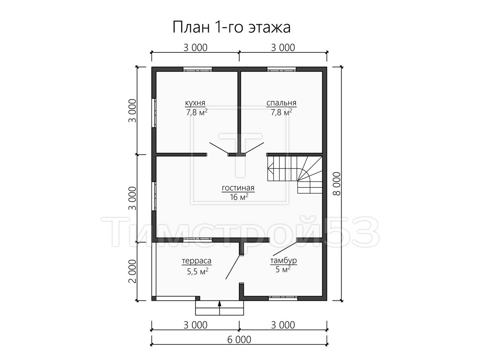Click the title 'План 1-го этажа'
232,28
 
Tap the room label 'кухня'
195,102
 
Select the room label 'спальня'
281,102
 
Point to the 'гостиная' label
238,188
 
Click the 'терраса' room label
196,261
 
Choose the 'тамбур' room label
284,260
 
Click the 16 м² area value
239,197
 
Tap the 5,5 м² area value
198,272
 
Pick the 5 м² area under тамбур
283,270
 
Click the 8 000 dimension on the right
337,184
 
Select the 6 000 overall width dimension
239,340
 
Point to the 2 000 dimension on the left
132,271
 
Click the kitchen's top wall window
198,69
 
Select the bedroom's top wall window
282,69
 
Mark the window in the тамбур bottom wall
283,298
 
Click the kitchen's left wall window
154,113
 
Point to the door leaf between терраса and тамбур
233,267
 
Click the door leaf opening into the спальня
254,148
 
